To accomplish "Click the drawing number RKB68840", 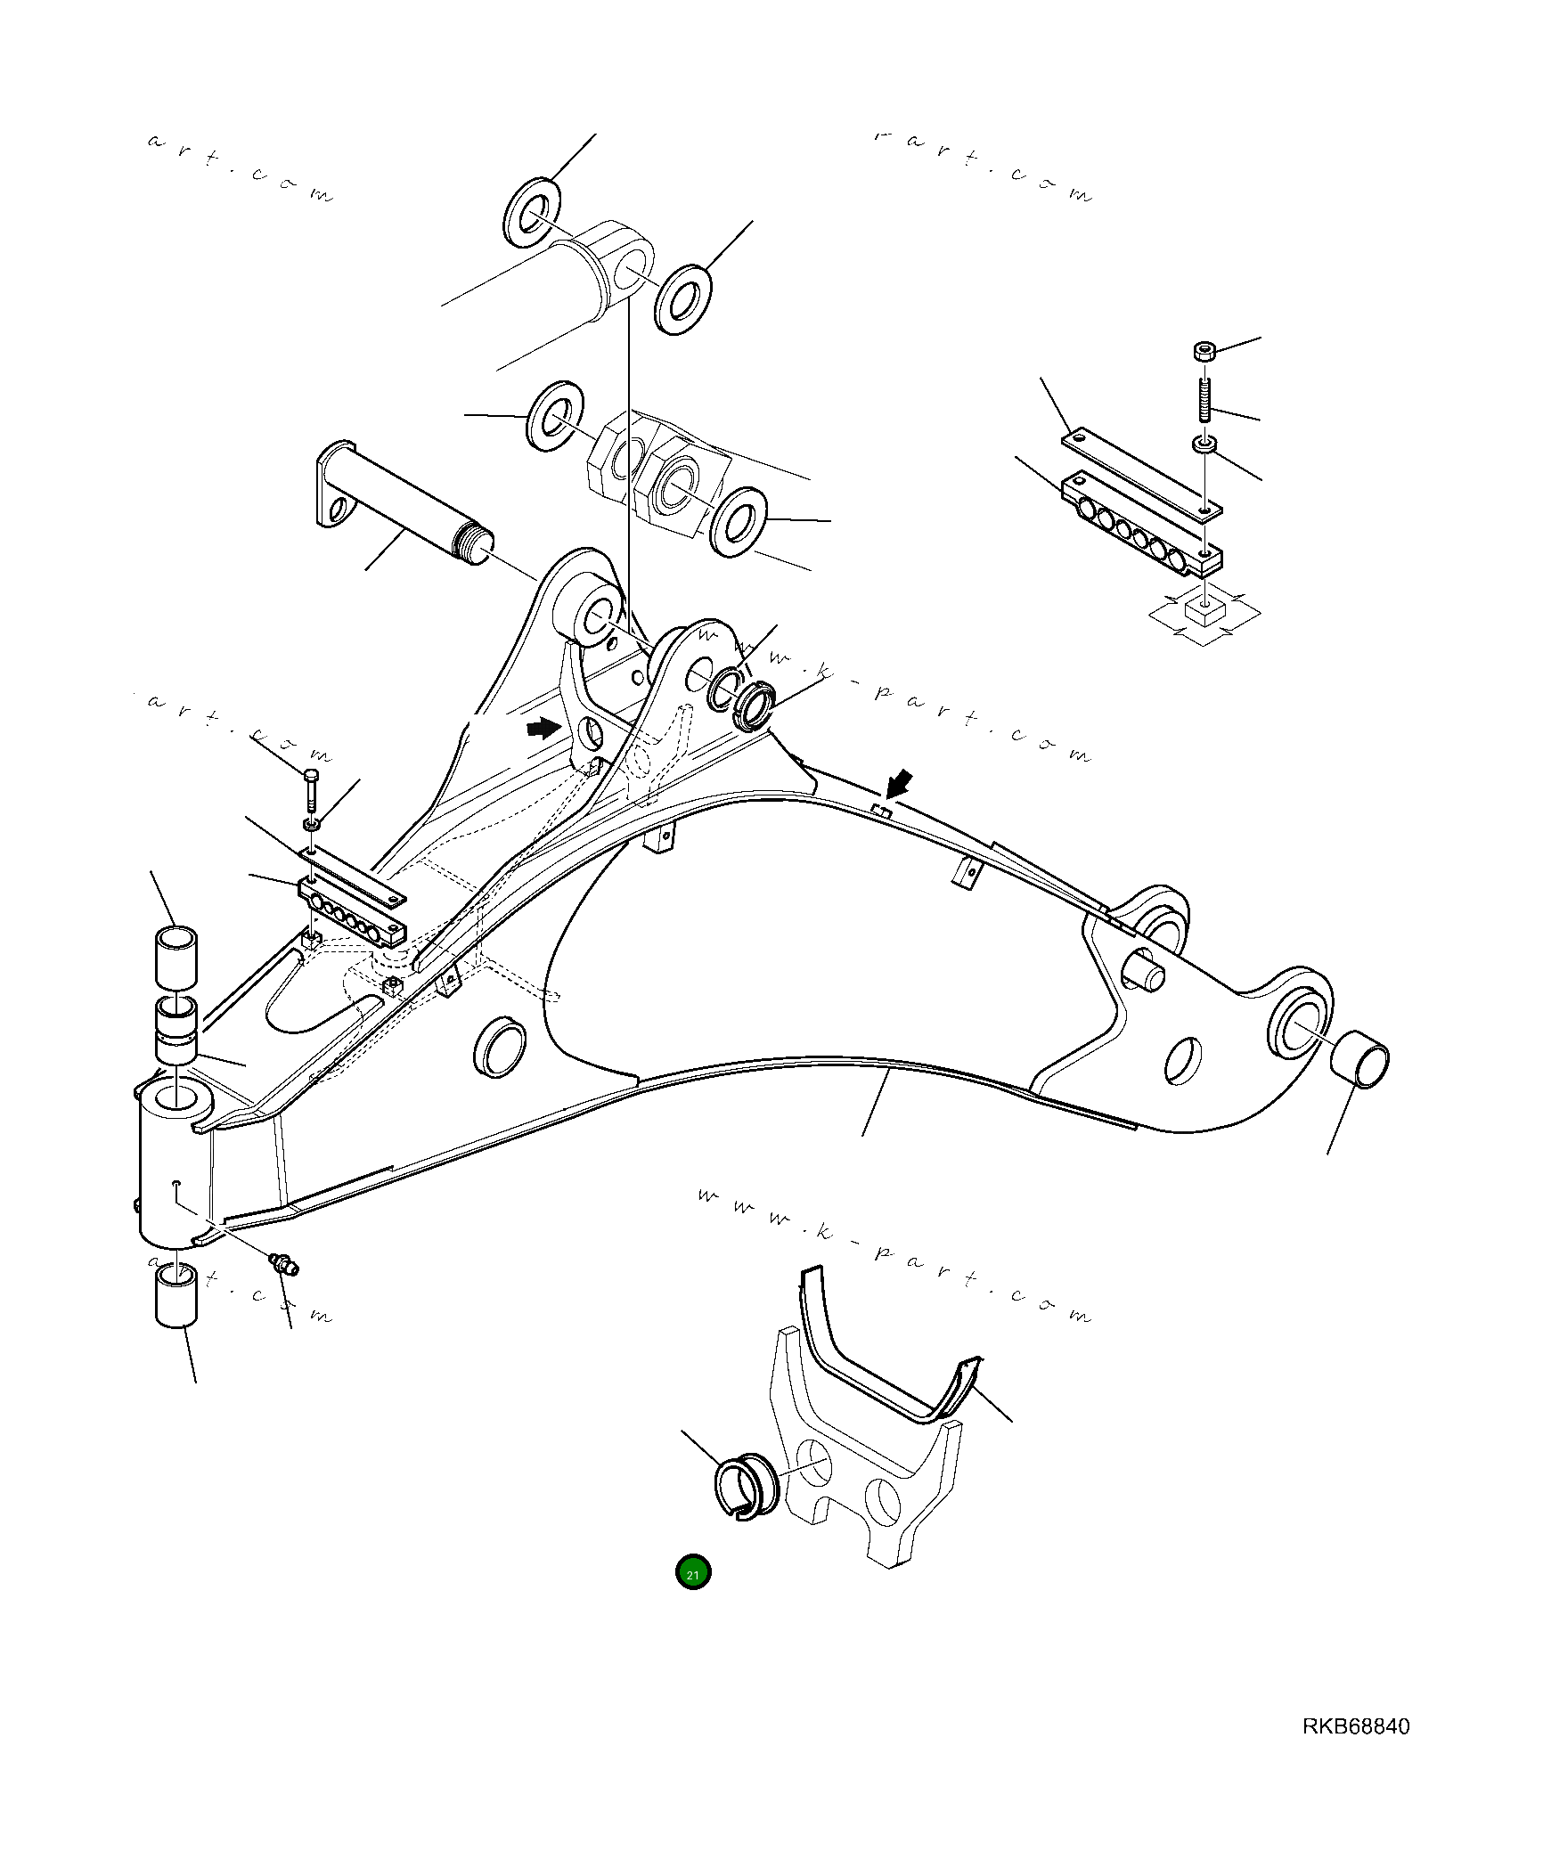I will coord(1355,1726).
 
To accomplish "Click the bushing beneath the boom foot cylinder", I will coord(176,1296).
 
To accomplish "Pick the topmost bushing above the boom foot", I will coord(176,958).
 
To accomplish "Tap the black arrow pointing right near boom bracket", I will coord(543,729).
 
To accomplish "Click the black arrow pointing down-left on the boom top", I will coord(901,784).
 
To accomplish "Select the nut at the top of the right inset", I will coord(1204,351).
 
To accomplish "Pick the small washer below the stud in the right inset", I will coord(1204,443).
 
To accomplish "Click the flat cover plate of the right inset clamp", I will coord(1140,472).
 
